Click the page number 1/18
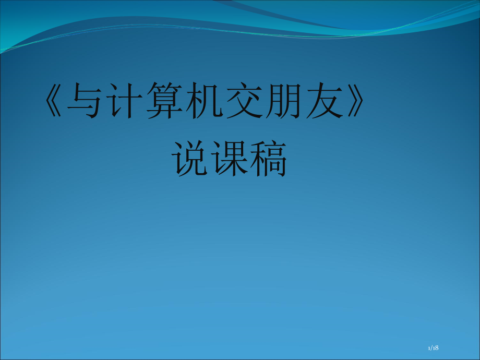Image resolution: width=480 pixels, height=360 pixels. (433, 347)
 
